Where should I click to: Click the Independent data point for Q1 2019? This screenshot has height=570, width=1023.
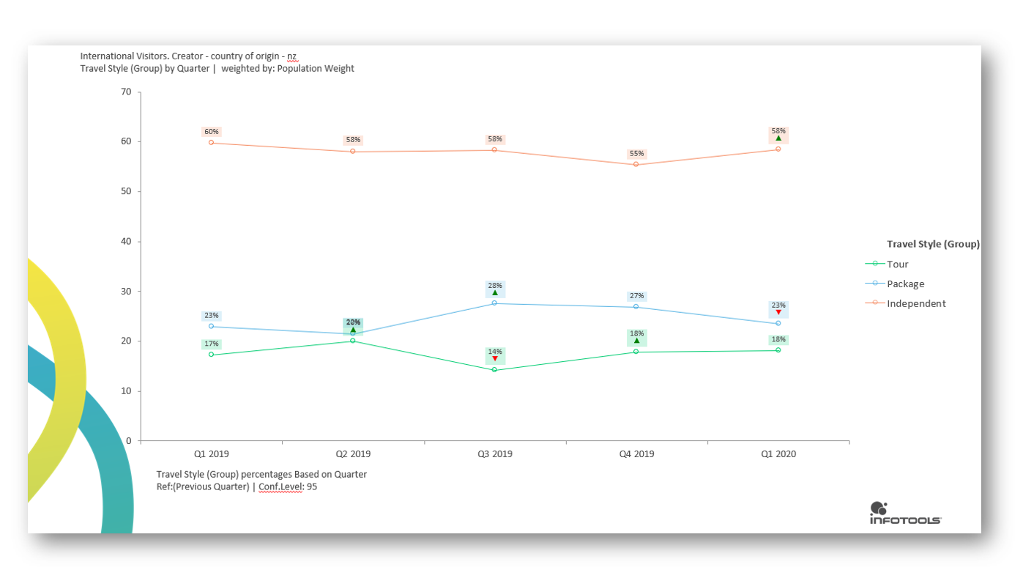point(211,142)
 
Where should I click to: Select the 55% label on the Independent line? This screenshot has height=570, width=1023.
point(636,154)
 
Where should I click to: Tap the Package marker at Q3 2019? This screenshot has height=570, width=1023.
point(494,303)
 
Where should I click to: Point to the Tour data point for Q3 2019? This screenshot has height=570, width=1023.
point(494,369)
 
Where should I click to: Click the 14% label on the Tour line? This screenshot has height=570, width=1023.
point(495,352)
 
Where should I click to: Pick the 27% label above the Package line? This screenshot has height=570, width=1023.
point(636,296)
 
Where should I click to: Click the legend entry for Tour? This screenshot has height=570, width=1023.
point(897,264)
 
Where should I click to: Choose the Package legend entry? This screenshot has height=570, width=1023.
point(905,284)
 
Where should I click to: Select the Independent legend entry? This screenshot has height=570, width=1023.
point(915,303)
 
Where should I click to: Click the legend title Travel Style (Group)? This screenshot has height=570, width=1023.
point(933,244)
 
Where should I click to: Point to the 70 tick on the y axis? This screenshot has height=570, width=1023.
point(126,92)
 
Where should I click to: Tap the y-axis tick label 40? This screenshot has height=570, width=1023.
point(126,241)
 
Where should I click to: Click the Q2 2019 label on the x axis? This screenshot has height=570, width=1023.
point(353,454)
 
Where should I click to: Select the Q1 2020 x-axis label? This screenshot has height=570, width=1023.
point(778,454)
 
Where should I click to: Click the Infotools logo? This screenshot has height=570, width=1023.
point(905,513)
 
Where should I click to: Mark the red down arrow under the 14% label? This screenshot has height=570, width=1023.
point(495,359)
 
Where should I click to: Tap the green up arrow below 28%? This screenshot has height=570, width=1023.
point(495,292)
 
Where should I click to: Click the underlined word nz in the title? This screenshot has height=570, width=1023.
point(292,56)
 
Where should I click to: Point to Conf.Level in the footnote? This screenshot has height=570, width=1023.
point(280,486)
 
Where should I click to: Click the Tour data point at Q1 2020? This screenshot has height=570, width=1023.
point(778,350)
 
